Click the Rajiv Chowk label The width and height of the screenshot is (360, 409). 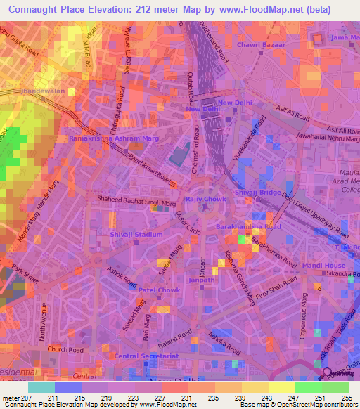point(203,199)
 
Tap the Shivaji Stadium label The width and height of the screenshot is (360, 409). point(136,235)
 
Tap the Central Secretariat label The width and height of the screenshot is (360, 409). point(146,356)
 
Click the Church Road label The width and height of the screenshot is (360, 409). point(65,349)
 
